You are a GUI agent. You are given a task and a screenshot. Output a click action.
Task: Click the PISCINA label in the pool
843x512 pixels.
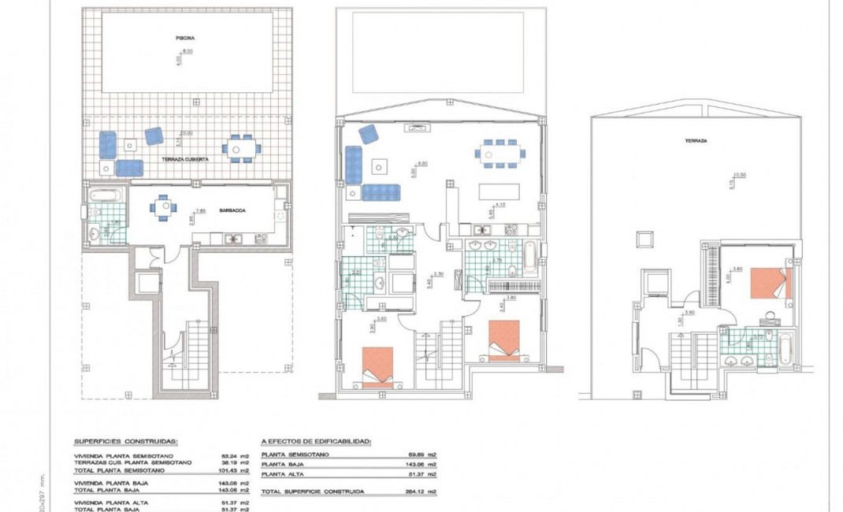pyautogui.click(x=185, y=37)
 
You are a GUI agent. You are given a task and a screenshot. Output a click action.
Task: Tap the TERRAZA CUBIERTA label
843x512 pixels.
pyautogui.click(x=185, y=158)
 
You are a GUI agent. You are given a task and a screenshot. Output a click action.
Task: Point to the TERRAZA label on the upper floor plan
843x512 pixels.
pyautogui.click(x=695, y=140)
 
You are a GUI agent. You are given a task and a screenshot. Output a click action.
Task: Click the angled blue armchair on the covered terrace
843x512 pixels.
pyautogui.click(x=154, y=136)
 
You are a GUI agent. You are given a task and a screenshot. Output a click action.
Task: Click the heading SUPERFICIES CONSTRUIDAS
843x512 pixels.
pyautogui.click(x=125, y=442)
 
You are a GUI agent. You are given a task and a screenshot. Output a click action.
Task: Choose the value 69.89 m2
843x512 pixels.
pyautogui.click(x=425, y=455)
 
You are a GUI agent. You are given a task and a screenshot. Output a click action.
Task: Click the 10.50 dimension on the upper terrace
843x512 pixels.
pyautogui.click(x=738, y=175)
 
